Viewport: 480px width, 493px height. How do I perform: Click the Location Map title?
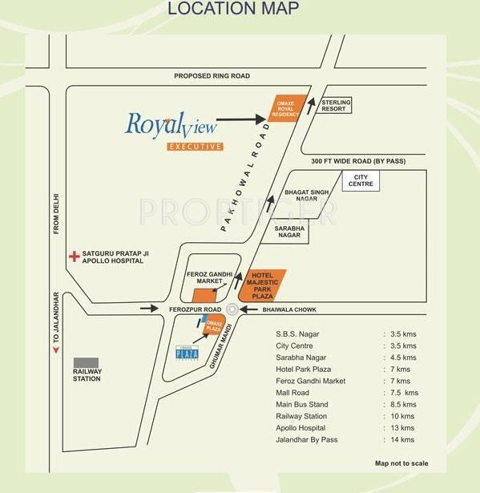point(232,9)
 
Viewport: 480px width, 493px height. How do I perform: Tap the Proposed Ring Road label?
point(212,76)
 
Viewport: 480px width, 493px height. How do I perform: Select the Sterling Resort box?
point(334,105)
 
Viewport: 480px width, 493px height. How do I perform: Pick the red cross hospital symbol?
point(74,257)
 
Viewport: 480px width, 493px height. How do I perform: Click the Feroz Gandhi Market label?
point(208,277)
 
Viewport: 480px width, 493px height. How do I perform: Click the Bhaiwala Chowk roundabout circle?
point(233,309)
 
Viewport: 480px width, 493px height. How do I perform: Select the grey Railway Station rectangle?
point(86,363)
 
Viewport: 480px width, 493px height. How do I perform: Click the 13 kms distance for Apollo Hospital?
point(403,428)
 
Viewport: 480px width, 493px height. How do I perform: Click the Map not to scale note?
point(401,463)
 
